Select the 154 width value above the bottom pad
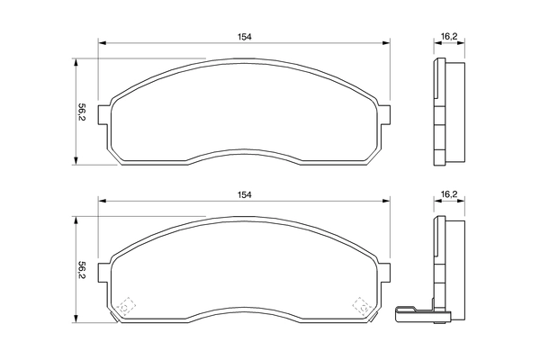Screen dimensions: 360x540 pyautogui.click(x=244, y=193)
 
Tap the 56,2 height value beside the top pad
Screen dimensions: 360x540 pyautogui.click(x=82, y=113)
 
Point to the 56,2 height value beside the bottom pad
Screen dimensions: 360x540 pyautogui.click(x=82, y=270)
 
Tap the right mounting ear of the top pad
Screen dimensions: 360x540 pyautogui.click(x=385, y=114)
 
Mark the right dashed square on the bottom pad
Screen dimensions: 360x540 pyautogui.click(x=362, y=306)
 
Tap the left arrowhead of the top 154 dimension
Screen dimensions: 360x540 pyautogui.click(x=102, y=42)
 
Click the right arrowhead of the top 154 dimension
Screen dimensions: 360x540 pyautogui.click(x=388, y=42)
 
